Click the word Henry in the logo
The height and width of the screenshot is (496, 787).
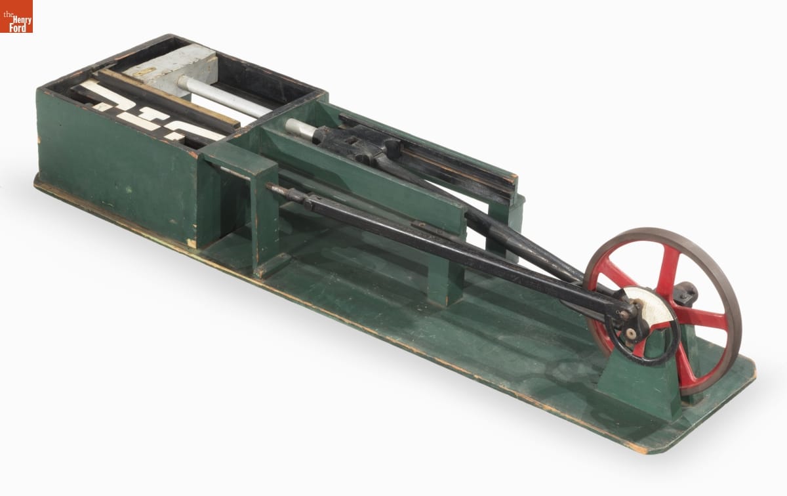click(x=22, y=19)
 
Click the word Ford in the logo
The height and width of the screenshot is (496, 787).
click(x=18, y=28)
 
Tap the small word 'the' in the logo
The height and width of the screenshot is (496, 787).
click(x=8, y=15)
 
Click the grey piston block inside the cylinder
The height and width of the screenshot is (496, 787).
click(x=171, y=69)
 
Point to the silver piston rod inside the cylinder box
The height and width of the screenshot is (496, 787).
click(x=225, y=96)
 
